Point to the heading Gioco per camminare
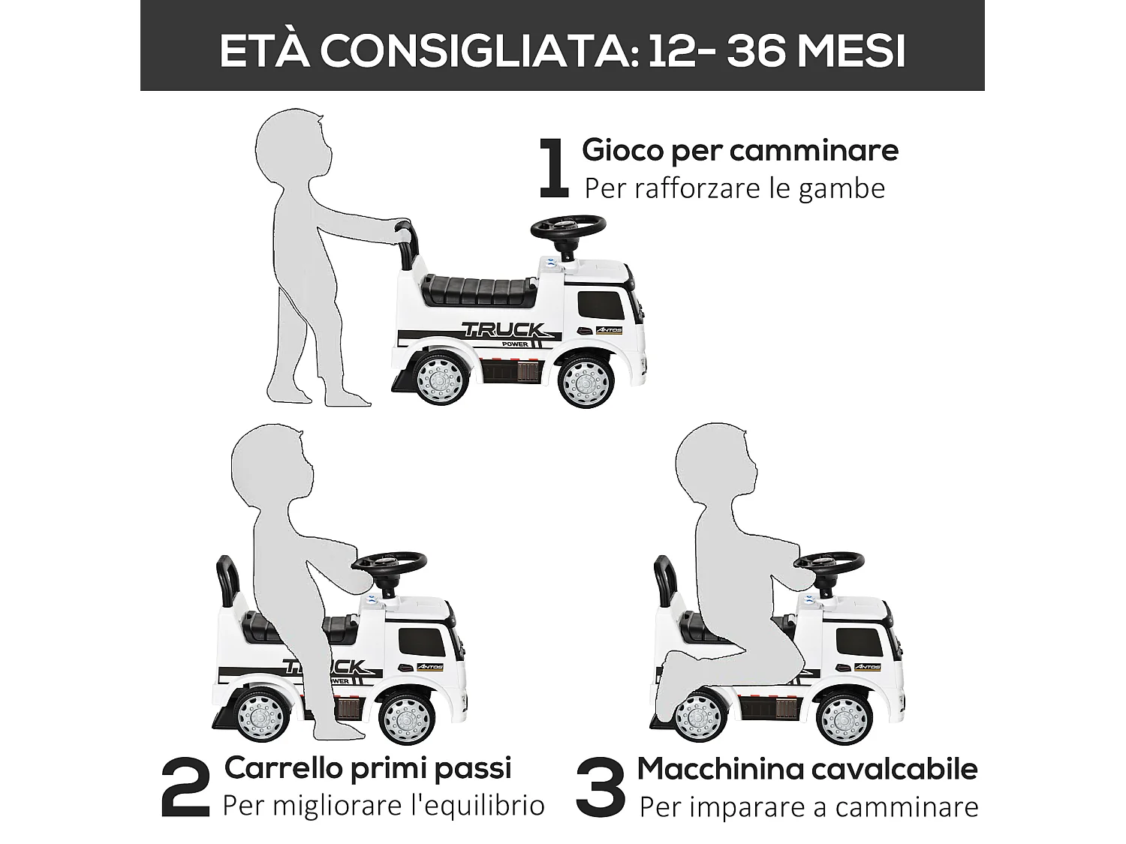click(x=739, y=150)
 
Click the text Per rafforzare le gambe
click(x=734, y=188)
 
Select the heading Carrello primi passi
click(x=368, y=767)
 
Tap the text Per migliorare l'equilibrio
click(x=383, y=806)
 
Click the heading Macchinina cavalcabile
click(x=807, y=768)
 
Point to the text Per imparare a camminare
click(x=808, y=806)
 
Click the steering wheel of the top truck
click(x=568, y=225)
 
